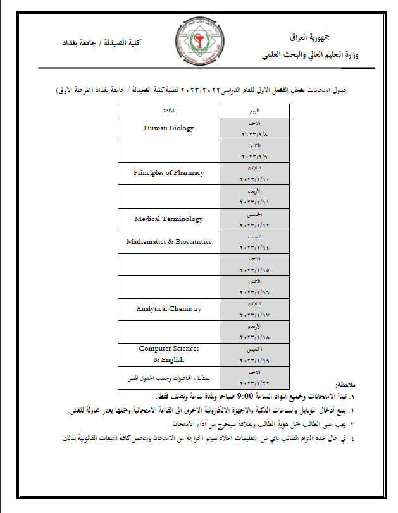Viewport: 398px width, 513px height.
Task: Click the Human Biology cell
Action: coord(168,128)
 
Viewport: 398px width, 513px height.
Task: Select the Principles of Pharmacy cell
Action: coord(168,173)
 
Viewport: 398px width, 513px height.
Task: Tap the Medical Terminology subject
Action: coord(168,219)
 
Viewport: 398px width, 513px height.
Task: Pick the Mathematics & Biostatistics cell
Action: coord(168,242)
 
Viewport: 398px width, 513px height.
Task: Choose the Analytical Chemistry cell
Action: coord(168,309)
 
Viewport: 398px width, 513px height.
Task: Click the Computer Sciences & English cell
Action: coord(168,354)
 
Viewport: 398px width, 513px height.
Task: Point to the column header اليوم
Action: coord(254,111)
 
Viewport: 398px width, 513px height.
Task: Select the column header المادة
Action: coord(168,111)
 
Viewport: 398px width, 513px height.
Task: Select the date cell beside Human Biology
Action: coord(254,128)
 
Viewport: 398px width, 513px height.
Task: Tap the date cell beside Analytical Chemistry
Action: coord(254,309)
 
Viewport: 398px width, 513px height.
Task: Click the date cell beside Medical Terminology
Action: coord(254,219)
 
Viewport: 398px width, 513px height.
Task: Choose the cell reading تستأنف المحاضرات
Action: coord(168,377)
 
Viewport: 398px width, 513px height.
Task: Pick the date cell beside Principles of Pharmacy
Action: coord(254,173)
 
